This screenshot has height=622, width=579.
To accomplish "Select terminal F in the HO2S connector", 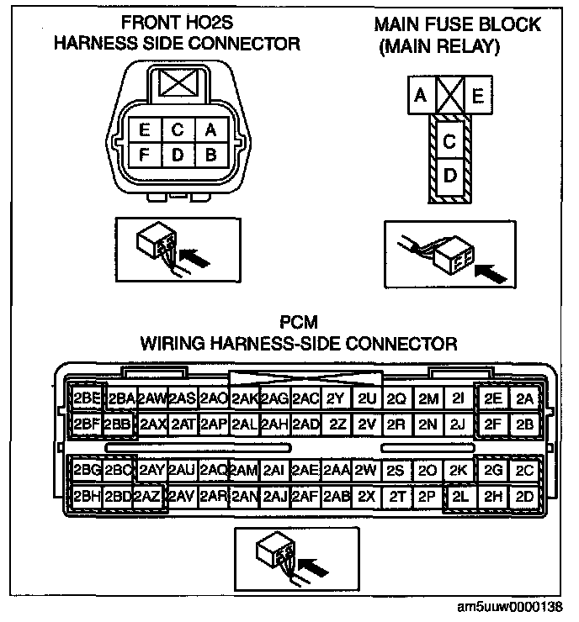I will tap(146, 155).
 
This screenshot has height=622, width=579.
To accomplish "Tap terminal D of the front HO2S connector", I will tap(178, 155).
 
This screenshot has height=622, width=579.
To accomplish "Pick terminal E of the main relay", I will tap(477, 97).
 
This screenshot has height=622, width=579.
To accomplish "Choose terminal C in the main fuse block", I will tap(449, 141).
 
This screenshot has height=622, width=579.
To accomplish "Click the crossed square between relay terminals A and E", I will tap(448, 97).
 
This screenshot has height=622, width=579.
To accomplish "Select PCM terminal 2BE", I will tap(88, 398).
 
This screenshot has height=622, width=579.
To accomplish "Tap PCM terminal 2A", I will tap(525, 398).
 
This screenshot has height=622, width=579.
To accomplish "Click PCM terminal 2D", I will tap(525, 496).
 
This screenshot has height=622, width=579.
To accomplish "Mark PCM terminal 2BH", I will tap(87, 496).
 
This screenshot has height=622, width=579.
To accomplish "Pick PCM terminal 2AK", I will tap(245, 398).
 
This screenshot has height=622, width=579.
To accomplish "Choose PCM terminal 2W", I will tap(365, 470).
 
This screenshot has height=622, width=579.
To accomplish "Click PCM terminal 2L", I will tap(460, 496).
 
